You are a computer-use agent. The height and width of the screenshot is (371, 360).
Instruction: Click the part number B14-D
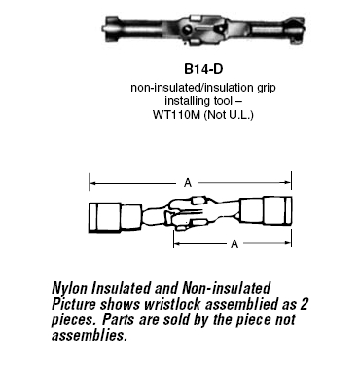[203, 69]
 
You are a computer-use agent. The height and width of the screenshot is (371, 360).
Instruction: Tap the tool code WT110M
[177, 115]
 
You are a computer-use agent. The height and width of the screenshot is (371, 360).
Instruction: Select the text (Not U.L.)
[229, 115]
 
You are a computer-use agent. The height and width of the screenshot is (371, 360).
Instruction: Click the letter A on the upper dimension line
[188, 183]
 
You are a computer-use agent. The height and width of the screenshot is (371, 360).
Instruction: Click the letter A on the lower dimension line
[234, 243]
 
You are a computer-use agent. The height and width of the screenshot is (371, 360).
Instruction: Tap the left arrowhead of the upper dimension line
[92, 183]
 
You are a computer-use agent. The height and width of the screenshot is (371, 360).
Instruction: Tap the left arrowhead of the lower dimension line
[177, 243]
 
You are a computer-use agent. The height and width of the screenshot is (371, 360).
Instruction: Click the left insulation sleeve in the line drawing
[115, 217]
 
